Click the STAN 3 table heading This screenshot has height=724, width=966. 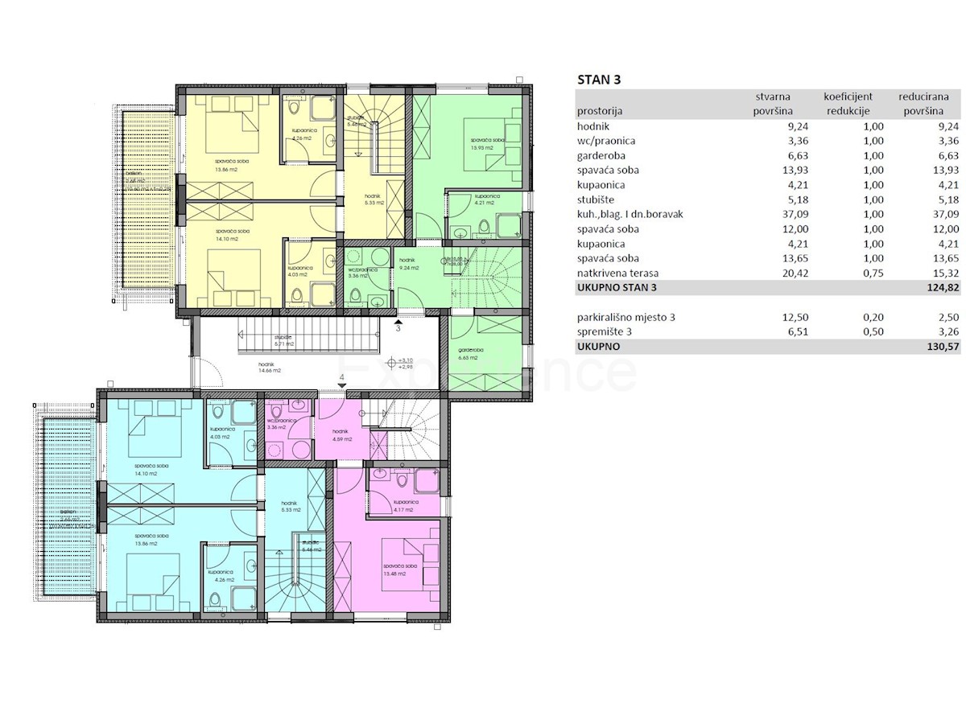tap(599, 79)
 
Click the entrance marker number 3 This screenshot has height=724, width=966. tap(398, 328)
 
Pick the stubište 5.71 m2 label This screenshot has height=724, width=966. tap(283, 340)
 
